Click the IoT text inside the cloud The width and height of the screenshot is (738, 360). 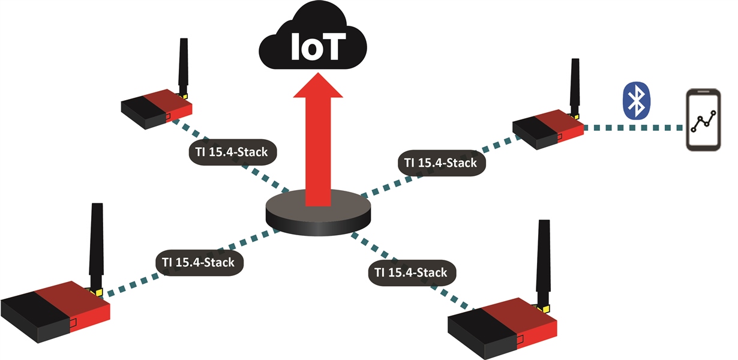point(318,46)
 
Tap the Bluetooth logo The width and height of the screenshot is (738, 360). point(637,100)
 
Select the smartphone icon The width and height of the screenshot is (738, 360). point(703,120)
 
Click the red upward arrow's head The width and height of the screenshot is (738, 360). point(318,85)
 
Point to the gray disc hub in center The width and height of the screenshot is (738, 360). point(318,213)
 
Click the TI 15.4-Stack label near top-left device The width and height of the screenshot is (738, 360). point(233,152)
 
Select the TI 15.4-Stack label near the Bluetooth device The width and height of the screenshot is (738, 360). point(442,163)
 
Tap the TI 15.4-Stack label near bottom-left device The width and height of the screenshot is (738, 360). point(199,263)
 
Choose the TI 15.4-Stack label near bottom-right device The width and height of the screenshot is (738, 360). point(412,273)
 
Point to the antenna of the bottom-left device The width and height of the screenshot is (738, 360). point(96,247)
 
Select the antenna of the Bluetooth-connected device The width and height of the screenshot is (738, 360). point(575,87)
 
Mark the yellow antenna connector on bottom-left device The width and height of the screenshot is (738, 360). point(98,292)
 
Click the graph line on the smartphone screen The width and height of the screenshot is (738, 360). point(703,121)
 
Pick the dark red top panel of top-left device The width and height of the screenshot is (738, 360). point(168,101)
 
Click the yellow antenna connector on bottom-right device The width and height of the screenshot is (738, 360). point(545,309)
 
